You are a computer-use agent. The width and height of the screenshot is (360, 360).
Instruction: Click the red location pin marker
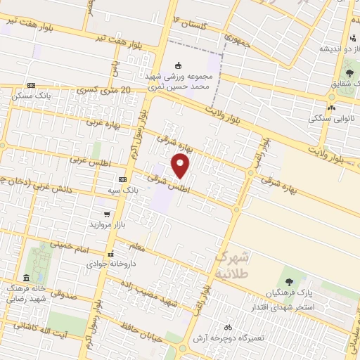click(181, 167)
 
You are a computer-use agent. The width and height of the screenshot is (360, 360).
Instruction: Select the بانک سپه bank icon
click(122, 179)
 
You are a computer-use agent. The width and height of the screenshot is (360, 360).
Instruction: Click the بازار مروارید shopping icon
click(106, 214)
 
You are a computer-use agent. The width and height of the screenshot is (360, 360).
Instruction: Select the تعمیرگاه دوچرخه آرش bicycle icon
click(227, 328)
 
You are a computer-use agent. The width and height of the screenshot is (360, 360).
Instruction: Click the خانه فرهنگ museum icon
click(26, 278)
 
